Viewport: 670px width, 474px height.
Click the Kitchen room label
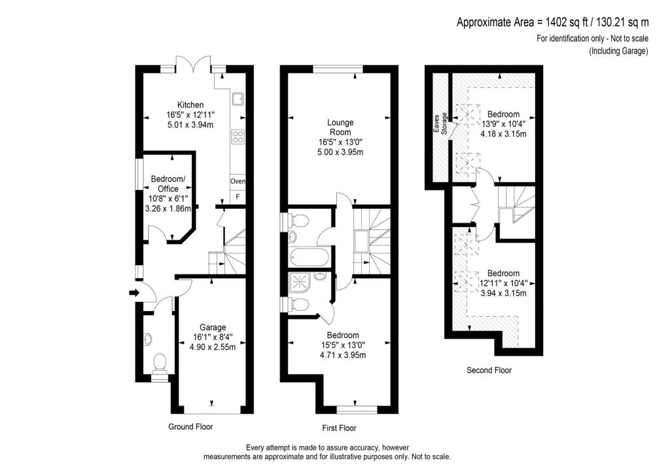click(x=190, y=105)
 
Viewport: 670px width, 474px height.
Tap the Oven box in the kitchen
click(x=237, y=181)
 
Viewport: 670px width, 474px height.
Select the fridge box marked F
click(x=237, y=196)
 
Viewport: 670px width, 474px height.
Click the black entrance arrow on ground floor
click(x=135, y=293)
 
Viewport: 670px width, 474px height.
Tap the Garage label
click(x=213, y=327)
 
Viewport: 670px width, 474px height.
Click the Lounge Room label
click(x=341, y=127)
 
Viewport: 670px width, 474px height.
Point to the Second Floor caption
click(x=489, y=371)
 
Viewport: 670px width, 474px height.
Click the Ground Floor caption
click(x=190, y=427)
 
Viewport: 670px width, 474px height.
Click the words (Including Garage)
click(x=618, y=51)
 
